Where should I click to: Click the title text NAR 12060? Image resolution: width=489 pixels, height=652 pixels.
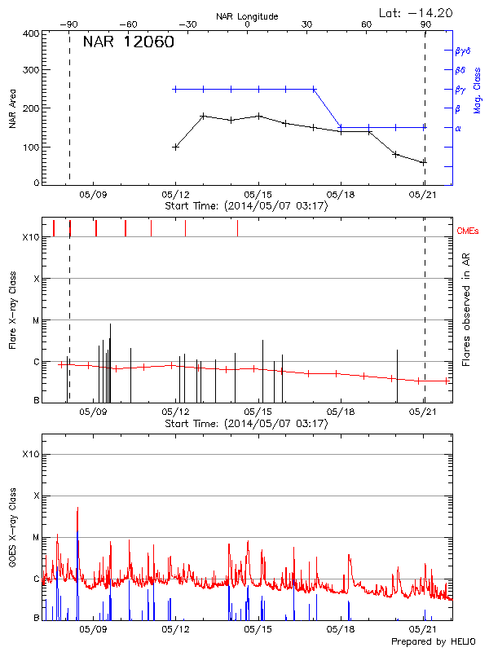point(129,42)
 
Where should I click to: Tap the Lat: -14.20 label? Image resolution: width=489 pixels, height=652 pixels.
point(416,12)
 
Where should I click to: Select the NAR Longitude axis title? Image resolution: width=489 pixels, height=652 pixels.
point(247,16)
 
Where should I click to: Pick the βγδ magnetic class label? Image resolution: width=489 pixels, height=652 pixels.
point(462,51)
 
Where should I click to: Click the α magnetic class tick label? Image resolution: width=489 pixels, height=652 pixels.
point(458,128)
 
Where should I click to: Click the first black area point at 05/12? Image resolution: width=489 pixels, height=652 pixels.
point(176,147)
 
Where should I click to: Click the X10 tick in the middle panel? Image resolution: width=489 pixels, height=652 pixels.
point(31,237)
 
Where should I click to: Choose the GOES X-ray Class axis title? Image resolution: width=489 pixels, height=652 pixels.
point(12,534)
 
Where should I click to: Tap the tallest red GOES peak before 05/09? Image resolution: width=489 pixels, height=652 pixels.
point(77,509)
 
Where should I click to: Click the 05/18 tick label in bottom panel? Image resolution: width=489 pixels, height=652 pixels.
point(341,630)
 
